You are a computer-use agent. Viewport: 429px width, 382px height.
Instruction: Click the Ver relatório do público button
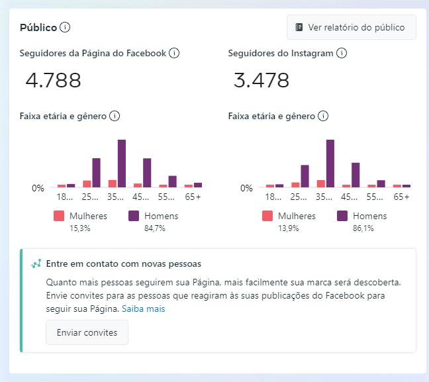[x=351, y=28]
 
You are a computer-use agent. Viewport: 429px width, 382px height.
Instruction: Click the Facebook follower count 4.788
[x=54, y=81]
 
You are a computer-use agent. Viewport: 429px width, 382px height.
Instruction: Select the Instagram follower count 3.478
[x=262, y=81]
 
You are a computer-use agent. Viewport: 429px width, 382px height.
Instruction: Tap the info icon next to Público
[x=65, y=28]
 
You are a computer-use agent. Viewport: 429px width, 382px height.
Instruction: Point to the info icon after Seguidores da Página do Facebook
[x=174, y=53]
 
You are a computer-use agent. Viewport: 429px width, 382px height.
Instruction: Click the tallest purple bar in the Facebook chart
[x=122, y=163]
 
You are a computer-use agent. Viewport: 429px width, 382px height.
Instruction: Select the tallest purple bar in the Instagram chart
[x=330, y=163]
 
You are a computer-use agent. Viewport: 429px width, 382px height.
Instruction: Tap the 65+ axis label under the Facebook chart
[x=193, y=197]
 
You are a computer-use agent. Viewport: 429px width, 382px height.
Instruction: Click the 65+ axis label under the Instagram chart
[x=401, y=197]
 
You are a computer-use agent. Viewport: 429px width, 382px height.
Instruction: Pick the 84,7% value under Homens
[x=154, y=228]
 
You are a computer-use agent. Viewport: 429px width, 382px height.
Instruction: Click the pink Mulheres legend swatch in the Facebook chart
[x=59, y=216]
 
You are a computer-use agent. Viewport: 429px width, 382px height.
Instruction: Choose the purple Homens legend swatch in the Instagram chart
[x=342, y=216]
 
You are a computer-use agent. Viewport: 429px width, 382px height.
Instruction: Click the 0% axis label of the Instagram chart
[x=246, y=188]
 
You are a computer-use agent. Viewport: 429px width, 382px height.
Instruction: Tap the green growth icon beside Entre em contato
[x=36, y=263]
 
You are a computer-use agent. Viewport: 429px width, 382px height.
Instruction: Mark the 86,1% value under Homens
[x=363, y=228]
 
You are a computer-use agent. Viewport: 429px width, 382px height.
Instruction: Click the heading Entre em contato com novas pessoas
[x=124, y=263]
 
